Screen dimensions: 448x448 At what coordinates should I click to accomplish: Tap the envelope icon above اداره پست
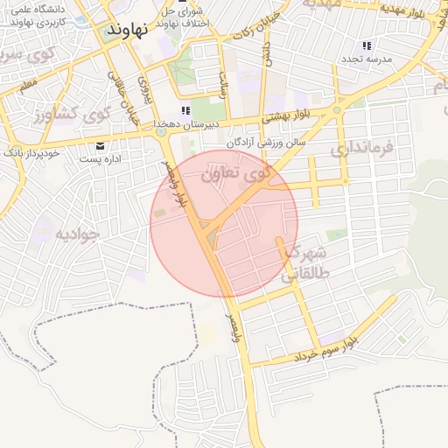click(100, 145)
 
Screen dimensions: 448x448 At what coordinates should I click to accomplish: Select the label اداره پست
click(100, 159)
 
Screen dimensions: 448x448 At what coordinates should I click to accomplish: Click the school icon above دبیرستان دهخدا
click(185, 111)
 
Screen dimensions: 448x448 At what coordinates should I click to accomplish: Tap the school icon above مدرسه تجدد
click(367, 45)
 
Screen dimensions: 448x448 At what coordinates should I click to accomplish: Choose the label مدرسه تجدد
click(367, 59)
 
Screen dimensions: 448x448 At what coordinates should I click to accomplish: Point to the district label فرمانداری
click(366, 151)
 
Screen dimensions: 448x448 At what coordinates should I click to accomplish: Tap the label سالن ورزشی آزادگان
click(265, 141)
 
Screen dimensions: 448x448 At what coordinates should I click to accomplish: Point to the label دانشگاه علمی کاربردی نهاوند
click(36, 15)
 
